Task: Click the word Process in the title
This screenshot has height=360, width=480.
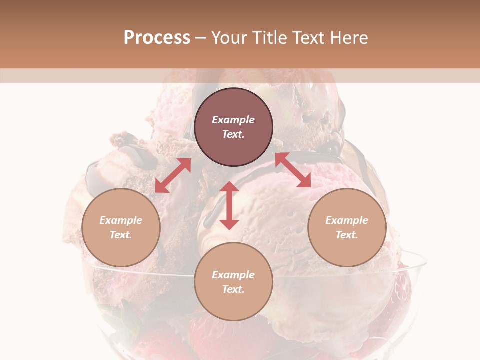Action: [x=157, y=38]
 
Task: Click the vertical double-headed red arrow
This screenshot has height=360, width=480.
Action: [x=229, y=205]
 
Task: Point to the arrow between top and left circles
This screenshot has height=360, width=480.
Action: [x=173, y=175]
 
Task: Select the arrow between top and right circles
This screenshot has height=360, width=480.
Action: [x=293, y=170]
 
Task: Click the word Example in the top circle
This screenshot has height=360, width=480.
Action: [x=233, y=120]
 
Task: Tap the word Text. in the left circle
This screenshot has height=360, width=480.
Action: [x=121, y=235]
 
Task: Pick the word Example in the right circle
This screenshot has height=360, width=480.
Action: [x=347, y=220]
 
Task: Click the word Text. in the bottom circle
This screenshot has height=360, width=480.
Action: [x=233, y=289]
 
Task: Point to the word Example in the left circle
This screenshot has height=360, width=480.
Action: [x=121, y=220]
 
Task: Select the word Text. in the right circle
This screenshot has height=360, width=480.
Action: [x=347, y=235]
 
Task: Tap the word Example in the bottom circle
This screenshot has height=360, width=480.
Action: [x=233, y=275]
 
